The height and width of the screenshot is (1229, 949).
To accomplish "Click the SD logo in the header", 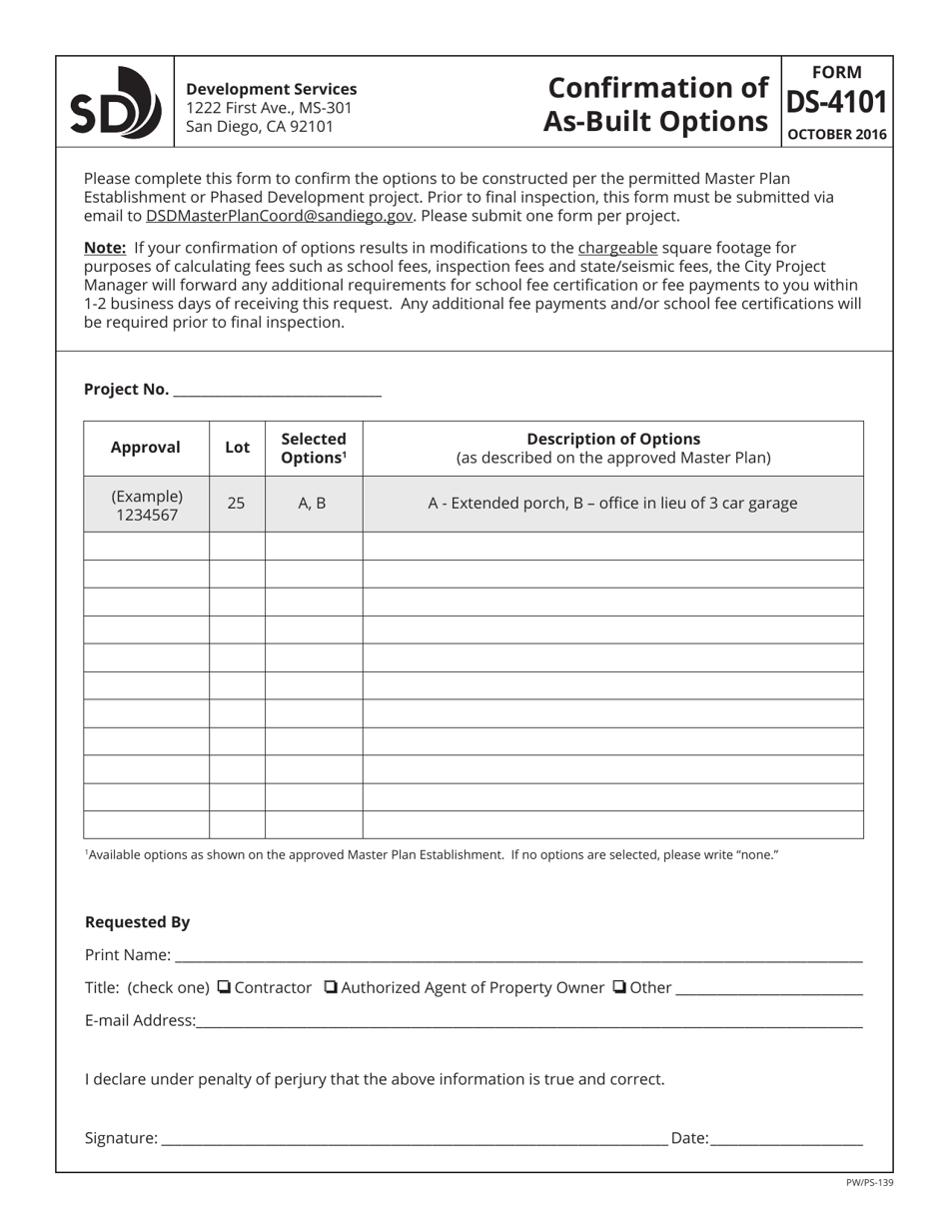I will (x=115, y=103).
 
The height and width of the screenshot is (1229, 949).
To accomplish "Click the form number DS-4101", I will (x=836, y=103).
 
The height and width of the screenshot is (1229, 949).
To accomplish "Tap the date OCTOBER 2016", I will (x=836, y=134).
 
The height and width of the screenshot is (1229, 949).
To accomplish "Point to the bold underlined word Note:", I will (x=105, y=248).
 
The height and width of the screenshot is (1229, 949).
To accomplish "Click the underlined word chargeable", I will (x=617, y=248).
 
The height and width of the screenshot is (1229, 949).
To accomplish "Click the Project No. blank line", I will (x=277, y=390).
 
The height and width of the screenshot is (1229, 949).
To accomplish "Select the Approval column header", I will (x=146, y=448).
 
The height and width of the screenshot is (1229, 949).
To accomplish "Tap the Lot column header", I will (x=237, y=448).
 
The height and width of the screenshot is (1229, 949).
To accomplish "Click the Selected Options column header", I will (x=314, y=448).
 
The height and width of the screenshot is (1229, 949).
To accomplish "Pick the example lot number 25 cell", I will (x=236, y=504).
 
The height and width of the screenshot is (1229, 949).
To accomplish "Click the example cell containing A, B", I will (x=313, y=504).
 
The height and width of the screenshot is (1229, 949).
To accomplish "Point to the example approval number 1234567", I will (x=147, y=514).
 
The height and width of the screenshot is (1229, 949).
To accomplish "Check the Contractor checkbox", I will (x=224, y=987).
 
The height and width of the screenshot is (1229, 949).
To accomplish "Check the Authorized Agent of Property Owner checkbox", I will (x=332, y=987).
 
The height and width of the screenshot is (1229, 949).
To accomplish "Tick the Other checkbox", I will (x=619, y=987).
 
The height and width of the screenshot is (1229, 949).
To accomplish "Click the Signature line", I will (x=414, y=1138).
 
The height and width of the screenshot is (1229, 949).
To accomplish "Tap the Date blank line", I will (x=786, y=1138).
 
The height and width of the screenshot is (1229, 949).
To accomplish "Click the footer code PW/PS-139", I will (x=869, y=1183).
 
